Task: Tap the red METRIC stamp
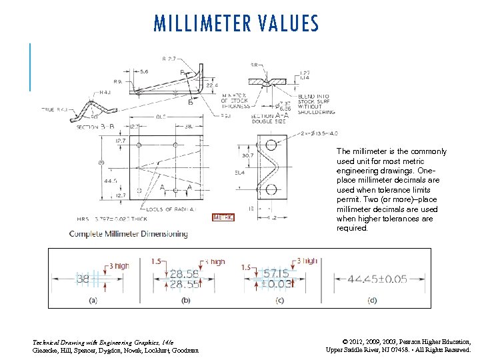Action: coord(223,217)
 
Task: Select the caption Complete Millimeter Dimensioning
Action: coord(129,234)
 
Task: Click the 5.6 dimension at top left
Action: coord(145,71)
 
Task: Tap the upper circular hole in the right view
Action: coord(271,147)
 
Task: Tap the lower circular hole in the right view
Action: coord(271,191)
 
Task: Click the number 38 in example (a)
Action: coord(83,279)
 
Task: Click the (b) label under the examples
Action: coord(185,301)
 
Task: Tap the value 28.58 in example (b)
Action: coord(183,273)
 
